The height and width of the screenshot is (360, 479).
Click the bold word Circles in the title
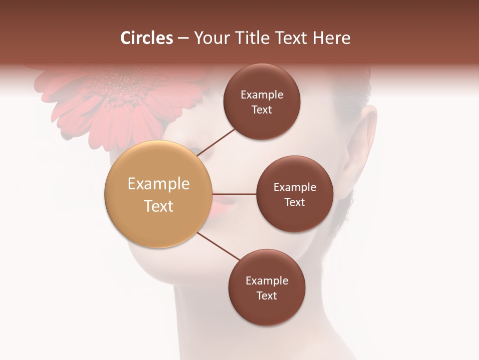tap(146, 38)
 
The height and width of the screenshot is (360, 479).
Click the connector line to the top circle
tap(217, 141)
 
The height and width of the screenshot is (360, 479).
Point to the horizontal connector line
tap(235, 194)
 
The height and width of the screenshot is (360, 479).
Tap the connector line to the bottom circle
tap(219, 246)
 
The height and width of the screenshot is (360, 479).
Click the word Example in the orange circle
tap(159, 184)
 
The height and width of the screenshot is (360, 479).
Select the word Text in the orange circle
tap(159, 206)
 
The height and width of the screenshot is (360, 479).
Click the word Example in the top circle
tap(262, 95)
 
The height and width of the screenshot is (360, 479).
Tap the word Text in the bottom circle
tap(266, 295)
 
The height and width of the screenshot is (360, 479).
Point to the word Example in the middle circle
tap(295, 187)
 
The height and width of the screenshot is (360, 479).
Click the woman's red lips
tap(221, 202)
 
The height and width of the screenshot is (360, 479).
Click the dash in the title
tap(183, 38)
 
